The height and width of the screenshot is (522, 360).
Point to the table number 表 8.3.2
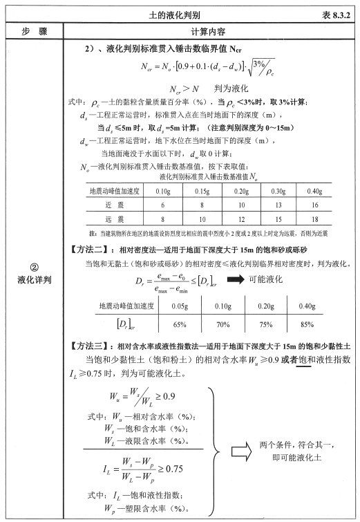(x=335, y=15)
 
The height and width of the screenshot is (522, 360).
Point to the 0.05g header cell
(x=171, y=305)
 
